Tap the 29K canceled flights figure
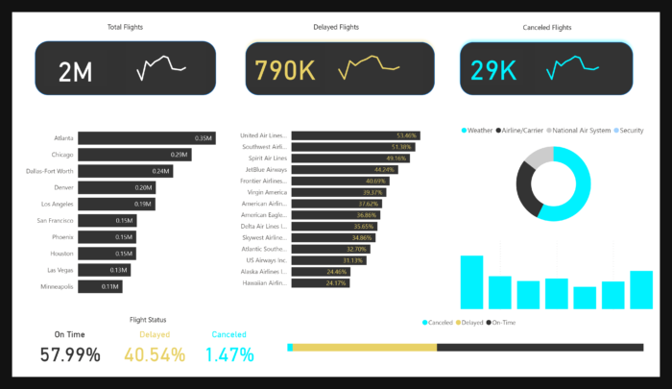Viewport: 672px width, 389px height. pos(494,70)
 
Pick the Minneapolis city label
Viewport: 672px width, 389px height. pos(57,286)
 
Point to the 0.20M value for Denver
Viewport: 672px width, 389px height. pos(144,187)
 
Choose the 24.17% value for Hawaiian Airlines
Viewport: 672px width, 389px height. pos(336,283)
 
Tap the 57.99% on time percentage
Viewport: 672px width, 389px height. pos(70,354)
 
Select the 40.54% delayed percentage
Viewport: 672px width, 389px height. pos(155,354)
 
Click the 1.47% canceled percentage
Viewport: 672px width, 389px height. pos(229,354)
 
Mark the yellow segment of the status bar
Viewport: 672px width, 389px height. pos(365,347)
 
